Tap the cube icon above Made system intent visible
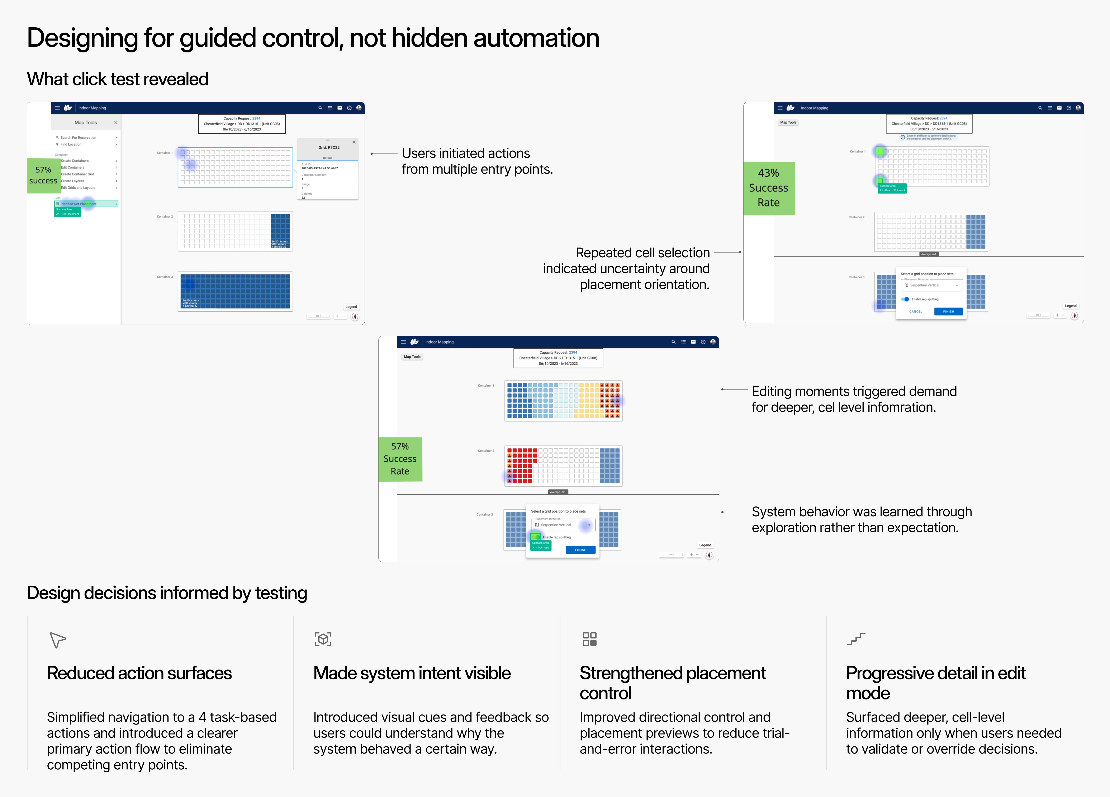click(x=323, y=639)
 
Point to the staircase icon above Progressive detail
click(x=856, y=639)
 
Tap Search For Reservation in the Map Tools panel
click(x=78, y=138)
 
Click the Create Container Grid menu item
click(x=77, y=174)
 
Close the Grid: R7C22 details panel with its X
click(x=354, y=142)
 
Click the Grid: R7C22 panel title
click(x=329, y=147)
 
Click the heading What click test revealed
click(x=118, y=79)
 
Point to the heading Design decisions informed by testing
click(x=167, y=593)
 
